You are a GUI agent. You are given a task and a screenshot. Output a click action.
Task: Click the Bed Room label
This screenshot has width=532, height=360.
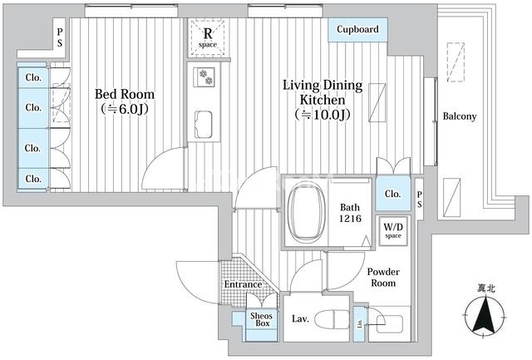point(124,101)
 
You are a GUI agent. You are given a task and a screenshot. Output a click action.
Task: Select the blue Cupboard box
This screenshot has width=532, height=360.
point(357,30)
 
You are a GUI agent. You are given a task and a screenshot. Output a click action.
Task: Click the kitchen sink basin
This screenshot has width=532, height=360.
point(205,124)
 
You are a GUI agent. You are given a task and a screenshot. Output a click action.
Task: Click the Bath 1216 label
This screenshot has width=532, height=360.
point(350,214)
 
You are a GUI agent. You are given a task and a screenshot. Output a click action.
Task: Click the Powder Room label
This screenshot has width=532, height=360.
point(383,277)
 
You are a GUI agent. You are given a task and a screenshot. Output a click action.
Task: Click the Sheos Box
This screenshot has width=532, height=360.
point(262,319)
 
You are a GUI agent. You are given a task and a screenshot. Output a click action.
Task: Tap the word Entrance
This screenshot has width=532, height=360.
point(243,285)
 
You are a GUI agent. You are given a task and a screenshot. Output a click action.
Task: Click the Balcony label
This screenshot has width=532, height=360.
point(459,116)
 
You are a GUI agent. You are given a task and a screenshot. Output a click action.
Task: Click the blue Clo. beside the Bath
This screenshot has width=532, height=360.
point(392,194)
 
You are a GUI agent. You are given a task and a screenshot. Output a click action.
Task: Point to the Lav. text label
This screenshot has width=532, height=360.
point(300,318)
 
